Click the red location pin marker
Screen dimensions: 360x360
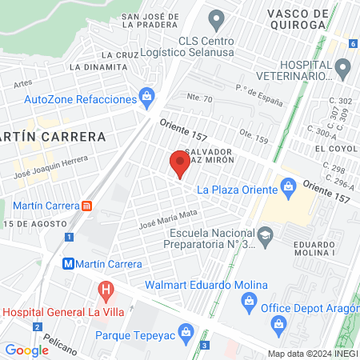coord(179,164)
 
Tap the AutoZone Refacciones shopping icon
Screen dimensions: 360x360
coord(146,98)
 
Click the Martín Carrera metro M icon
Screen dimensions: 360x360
coord(70,263)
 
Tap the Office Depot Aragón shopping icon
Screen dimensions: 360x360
coord(278,322)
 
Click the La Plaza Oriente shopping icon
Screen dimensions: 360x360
coord(289,189)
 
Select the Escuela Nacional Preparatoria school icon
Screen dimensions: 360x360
coord(266,234)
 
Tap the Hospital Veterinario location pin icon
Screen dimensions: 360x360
coord(342,70)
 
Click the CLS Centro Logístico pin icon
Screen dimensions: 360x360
coord(214,18)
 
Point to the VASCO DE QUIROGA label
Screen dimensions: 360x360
coord(286,18)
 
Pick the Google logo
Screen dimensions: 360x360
coord(26,350)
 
